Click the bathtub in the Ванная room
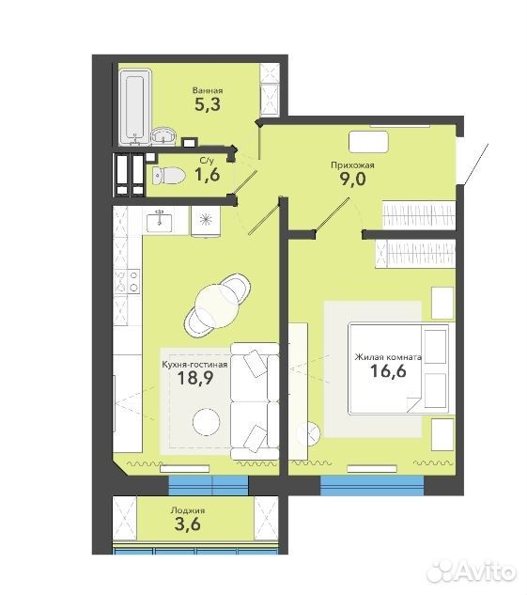pos(135,107)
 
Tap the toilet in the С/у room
pos(168,176)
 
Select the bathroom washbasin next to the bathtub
pos(163,136)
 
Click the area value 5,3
pos(208,104)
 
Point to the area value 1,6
pos(207,175)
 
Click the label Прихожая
pos(352,165)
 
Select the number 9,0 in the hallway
pos(352,179)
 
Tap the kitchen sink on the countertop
pos(160,222)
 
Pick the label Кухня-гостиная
pos(194,365)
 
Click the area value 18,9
pos(195,378)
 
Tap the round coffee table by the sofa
pos(207,422)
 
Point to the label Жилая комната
pos(388,357)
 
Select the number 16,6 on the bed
pos(388,370)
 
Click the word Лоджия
pos(188,510)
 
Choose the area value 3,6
pos(187,525)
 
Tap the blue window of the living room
pos(372,486)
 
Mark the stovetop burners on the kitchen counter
pos(128,281)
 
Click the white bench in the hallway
pos(368,142)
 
